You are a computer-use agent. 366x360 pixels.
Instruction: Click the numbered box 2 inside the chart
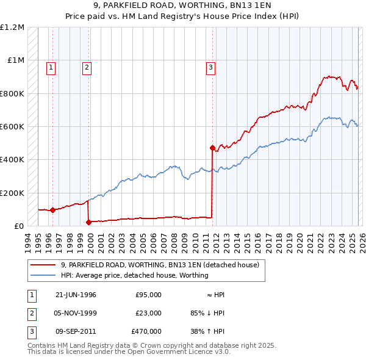(87, 68)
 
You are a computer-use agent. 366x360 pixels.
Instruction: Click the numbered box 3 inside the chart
(210, 68)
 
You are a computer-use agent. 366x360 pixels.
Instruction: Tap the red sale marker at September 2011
(212, 148)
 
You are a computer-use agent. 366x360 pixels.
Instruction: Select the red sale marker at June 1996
(53, 210)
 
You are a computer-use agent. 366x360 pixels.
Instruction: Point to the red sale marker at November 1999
(88, 222)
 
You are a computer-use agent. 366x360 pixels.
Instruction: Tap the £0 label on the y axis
(19, 226)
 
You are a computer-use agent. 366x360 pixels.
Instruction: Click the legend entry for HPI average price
(134, 275)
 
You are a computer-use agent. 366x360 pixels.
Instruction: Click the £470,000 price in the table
(146, 331)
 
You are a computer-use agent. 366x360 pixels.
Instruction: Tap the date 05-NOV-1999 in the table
(76, 313)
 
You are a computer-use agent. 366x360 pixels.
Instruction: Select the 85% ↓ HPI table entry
(207, 313)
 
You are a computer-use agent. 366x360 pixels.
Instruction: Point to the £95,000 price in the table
(148, 295)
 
